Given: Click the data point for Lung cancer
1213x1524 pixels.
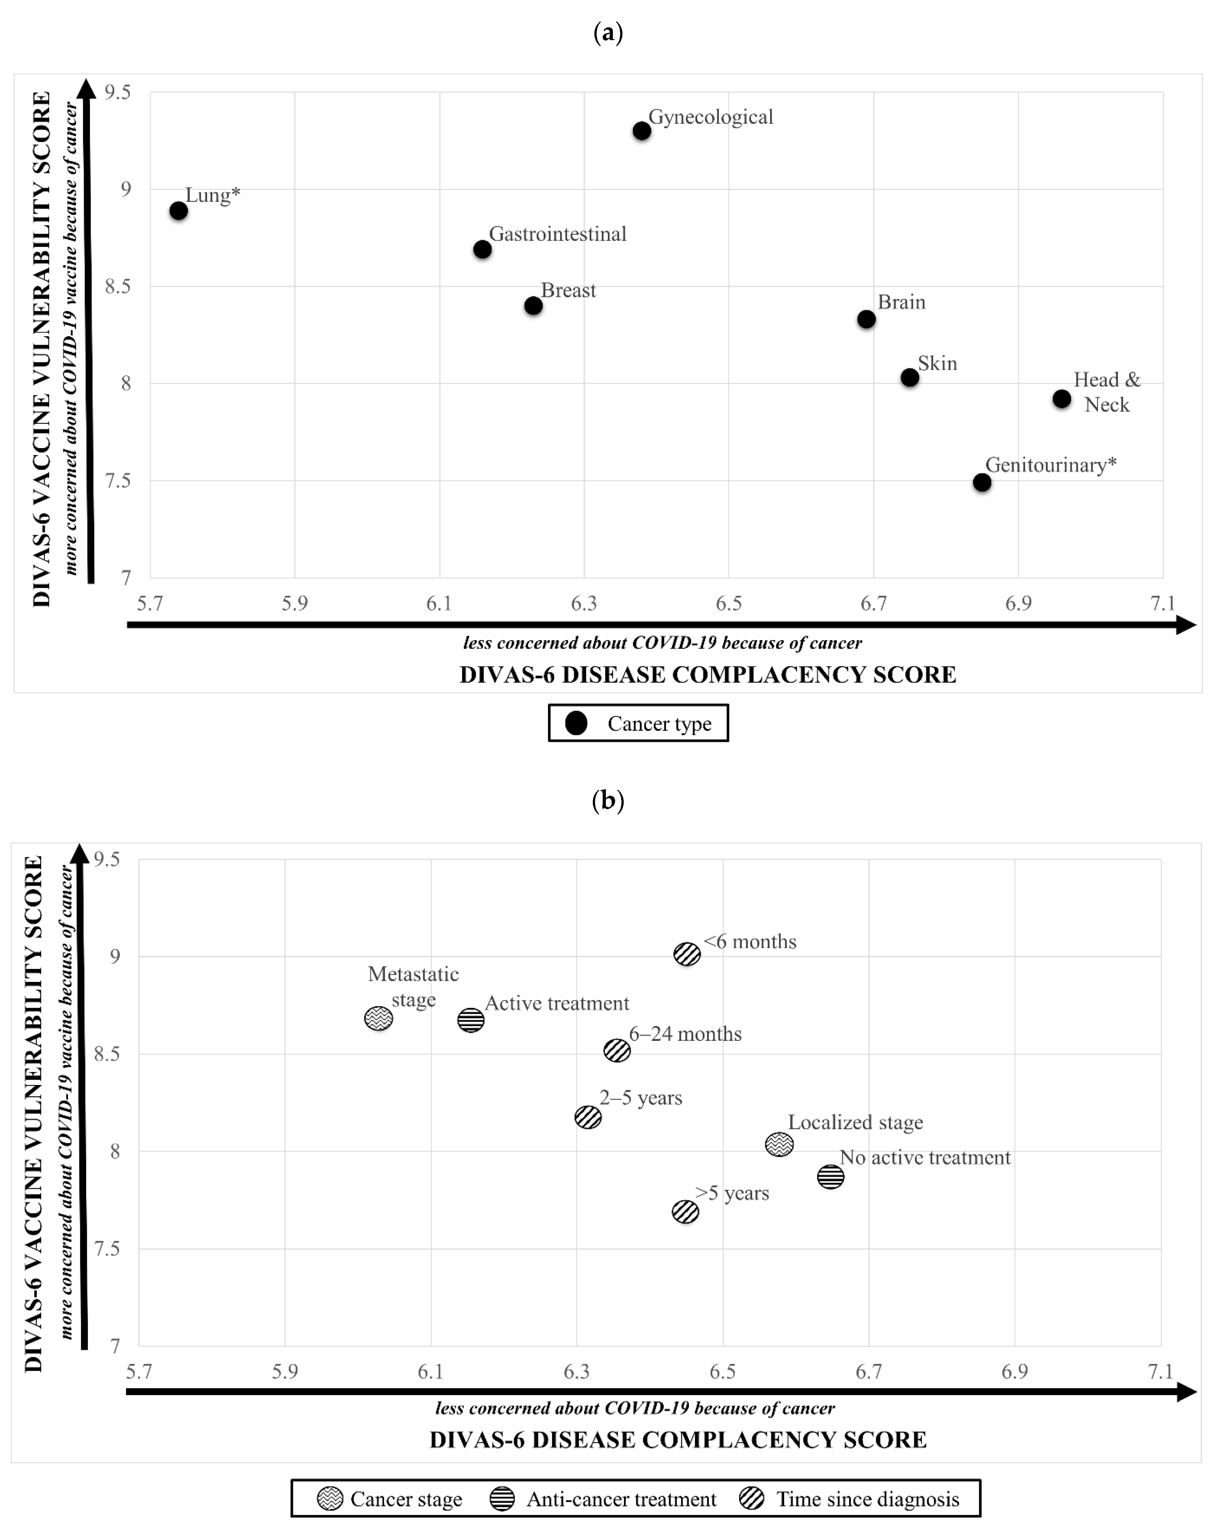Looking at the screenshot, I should tap(179, 211).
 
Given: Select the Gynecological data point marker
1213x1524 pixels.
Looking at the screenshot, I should tap(642, 131).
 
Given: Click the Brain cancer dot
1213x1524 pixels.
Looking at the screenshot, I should tap(866, 320).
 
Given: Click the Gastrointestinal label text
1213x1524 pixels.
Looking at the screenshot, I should tap(557, 234).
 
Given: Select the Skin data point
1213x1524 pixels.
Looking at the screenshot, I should tap(910, 377).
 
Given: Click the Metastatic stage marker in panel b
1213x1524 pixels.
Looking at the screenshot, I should tap(379, 1019).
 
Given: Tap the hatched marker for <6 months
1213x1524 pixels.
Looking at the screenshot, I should tap(687, 954).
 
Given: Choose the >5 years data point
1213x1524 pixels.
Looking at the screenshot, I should tap(685, 1211).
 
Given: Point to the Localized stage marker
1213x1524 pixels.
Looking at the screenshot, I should tap(779, 1144).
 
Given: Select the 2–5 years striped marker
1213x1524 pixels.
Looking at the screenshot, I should tap(588, 1118).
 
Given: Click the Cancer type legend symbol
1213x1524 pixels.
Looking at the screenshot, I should tap(577, 723).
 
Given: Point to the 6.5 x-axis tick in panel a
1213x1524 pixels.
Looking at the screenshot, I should tap(728, 603).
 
